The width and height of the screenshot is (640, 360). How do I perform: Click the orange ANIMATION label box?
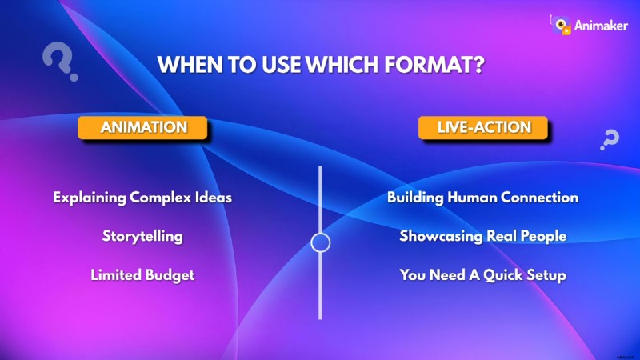point(142,128)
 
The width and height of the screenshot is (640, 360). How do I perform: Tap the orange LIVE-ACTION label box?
point(483,128)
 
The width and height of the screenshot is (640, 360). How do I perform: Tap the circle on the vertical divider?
point(320,242)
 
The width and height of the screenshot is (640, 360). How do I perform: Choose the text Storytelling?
point(142,237)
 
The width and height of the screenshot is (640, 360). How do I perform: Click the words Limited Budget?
point(142,275)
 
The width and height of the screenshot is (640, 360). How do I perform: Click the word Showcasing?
point(439,237)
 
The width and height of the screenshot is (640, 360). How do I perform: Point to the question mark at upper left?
point(57,62)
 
